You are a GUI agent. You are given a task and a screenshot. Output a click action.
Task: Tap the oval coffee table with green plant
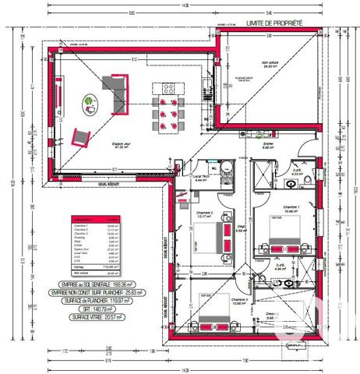90,101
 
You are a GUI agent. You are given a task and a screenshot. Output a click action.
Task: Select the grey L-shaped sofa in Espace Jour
116,92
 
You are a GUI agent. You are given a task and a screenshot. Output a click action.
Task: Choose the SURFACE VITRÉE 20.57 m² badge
96,318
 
